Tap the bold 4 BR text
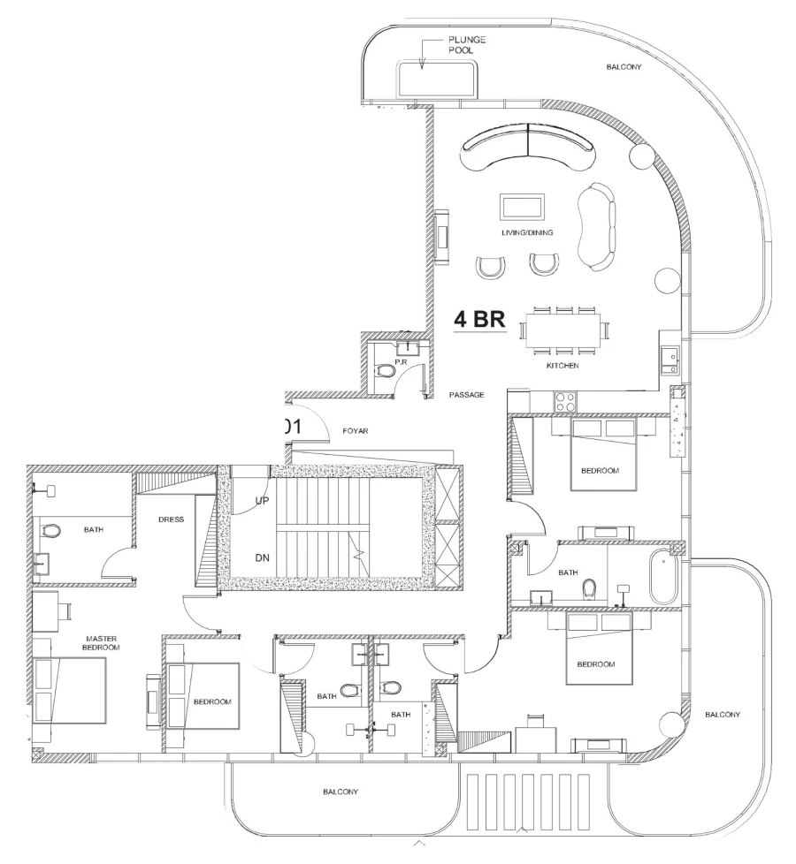click(478, 320)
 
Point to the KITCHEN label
click(562, 364)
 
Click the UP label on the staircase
click(263, 500)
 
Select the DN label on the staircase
click(263, 557)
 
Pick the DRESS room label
click(171, 519)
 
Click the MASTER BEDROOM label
click(103, 642)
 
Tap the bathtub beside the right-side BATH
click(662, 578)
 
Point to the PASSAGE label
click(466, 395)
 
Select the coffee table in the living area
click(523, 207)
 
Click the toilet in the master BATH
click(52, 532)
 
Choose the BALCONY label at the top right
click(624, 67)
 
